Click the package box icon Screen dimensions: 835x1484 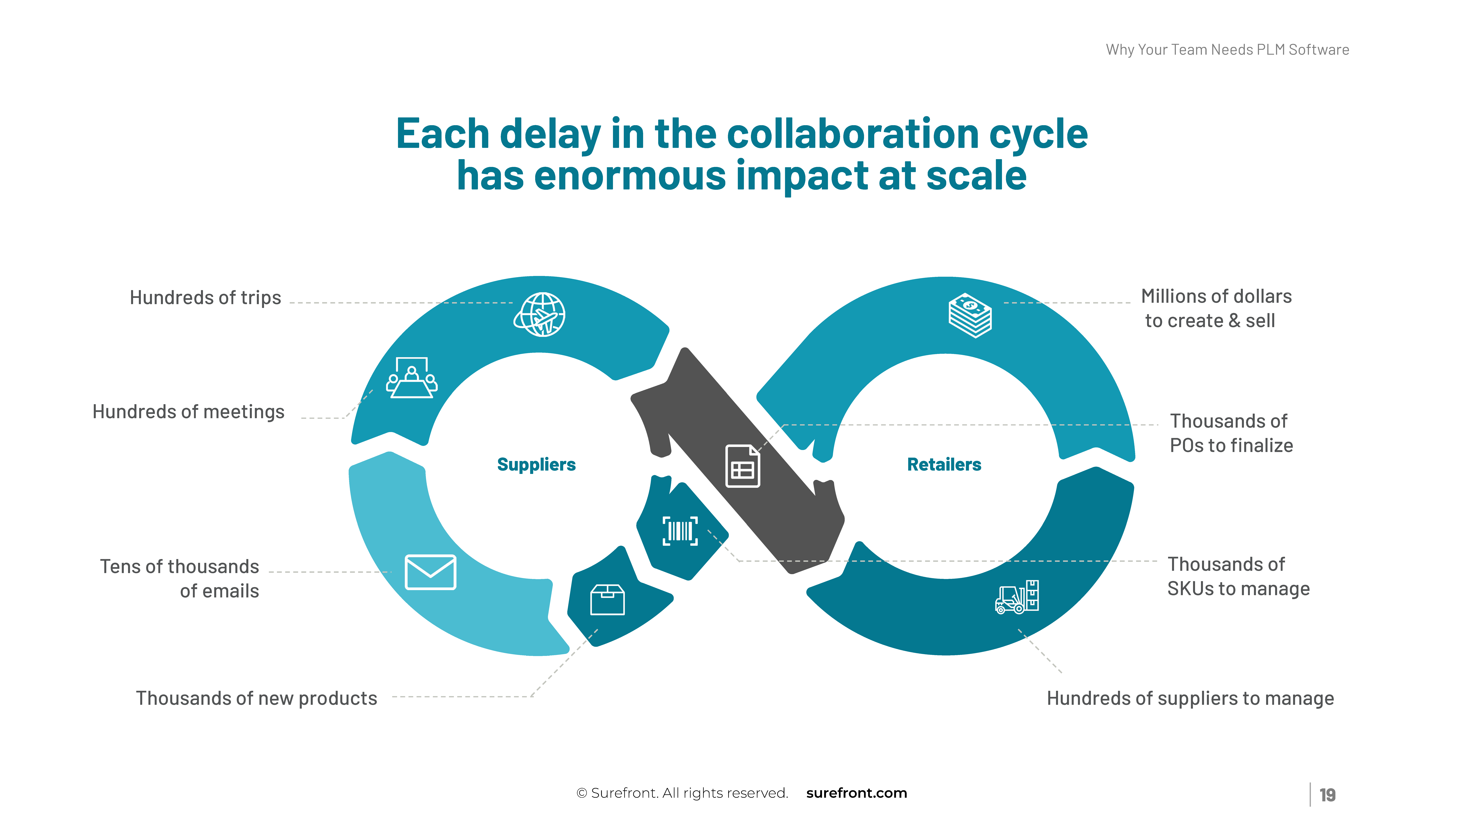pos(607,600)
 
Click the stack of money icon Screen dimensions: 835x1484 pos(970,315)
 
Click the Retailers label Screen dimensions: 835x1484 pos(944,464)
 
